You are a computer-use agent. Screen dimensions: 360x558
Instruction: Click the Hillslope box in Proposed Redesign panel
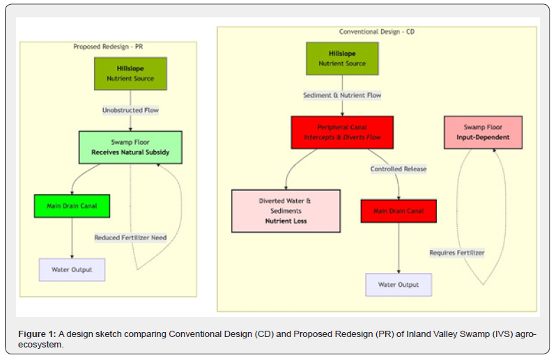pos(130,74)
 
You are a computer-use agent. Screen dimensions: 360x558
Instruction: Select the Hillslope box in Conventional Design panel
pos(342,58)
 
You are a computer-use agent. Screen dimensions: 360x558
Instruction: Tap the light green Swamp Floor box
pos(130,147)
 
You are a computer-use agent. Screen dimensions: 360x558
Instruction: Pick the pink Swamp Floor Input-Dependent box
pos(483,132)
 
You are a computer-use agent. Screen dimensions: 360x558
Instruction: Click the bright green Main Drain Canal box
pos(72,206)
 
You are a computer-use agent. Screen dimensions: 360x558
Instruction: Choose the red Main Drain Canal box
pos(398,211)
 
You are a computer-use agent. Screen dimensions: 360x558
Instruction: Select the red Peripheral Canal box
pos(342,132)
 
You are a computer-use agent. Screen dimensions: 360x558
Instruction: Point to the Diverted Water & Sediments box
pos(286,210)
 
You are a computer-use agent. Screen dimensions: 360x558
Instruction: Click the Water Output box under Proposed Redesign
pos(72,269)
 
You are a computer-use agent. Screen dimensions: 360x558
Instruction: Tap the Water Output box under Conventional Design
pos(398,284)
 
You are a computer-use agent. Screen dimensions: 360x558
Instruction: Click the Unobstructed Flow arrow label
pos(131,110)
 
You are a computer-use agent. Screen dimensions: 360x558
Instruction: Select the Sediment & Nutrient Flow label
pos(342,95)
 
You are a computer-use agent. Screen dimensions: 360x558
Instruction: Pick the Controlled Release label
pos(398,169)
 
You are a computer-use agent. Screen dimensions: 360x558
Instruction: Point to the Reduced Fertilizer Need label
pos(130,237)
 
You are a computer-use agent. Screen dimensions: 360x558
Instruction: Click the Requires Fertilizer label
pos(457,253)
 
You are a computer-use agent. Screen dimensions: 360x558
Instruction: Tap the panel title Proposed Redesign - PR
pos(108,47)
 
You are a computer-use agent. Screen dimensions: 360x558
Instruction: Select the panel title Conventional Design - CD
pos(377,32)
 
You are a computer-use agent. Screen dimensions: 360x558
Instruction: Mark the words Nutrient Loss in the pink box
pos(286,221)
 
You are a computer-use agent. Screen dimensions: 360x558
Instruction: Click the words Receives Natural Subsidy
pos(130,152)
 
